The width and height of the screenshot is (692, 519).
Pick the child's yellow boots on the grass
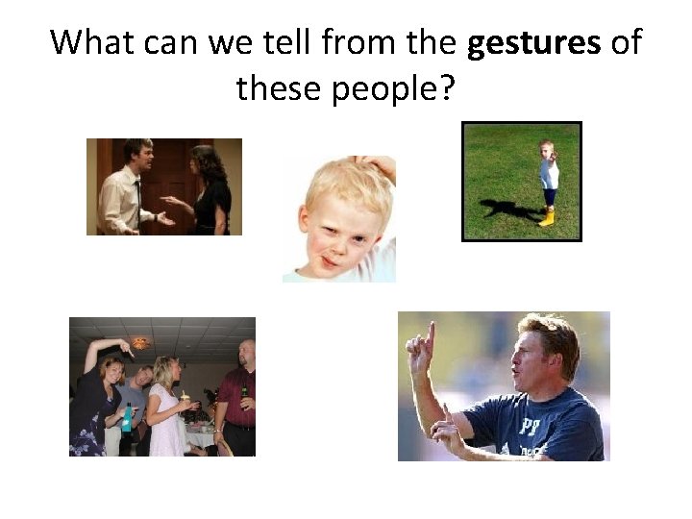[548, 217]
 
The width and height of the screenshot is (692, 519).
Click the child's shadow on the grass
[504, 208]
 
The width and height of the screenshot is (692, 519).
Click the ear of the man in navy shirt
[556, 359]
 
